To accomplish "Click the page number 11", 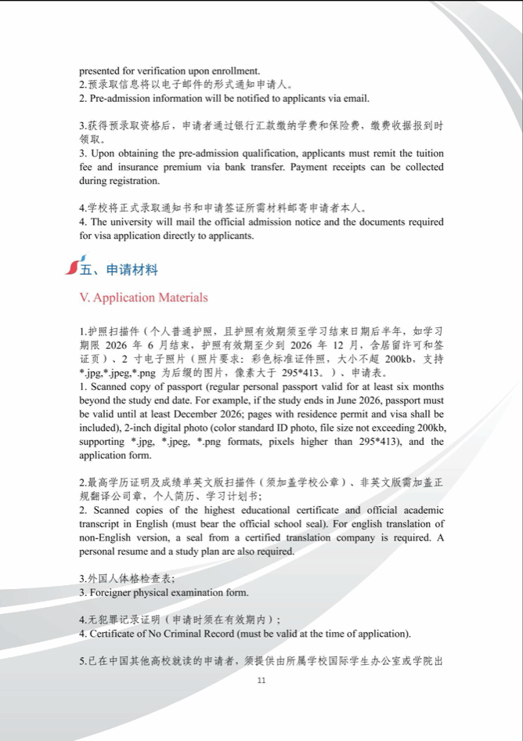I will pyautogui.click(x=261, y=680).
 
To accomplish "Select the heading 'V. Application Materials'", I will pyautogui.click(x=144, y=298).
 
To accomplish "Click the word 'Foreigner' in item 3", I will pyautogui.click(x=114, y=592).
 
